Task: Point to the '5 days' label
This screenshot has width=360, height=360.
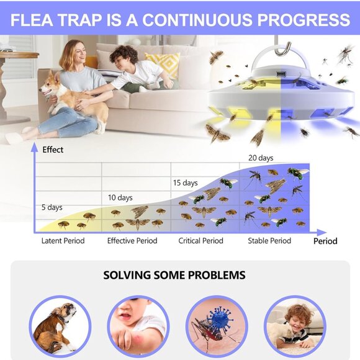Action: point(52,207)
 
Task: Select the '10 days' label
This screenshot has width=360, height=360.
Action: point(120,197)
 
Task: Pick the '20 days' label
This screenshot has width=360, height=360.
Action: point(261,157)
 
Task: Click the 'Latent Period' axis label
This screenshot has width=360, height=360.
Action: point(63,241)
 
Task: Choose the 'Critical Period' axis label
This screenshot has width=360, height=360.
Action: point(200,241)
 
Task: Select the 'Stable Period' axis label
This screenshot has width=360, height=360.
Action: point(269,241)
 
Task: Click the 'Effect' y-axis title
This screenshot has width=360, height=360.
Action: point(53,149)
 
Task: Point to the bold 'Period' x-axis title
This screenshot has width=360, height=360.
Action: point(325,241)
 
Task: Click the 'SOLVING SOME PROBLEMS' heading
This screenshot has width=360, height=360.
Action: point(174,275)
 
